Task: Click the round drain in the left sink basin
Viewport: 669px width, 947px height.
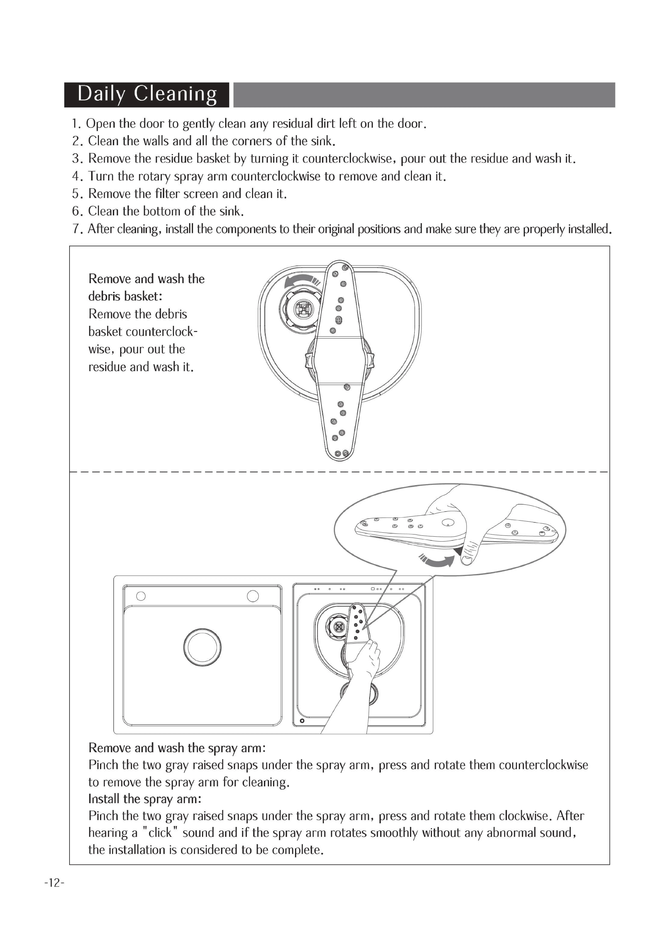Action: pyautogui.click(x=202, y=647)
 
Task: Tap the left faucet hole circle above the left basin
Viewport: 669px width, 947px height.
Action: pyautogui.click(x=141, y=596)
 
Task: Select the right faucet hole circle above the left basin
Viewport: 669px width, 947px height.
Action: pyautogui.click(x=253, y=596)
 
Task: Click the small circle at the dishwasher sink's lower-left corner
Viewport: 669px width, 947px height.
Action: pyautogui.click(x=302, y=721)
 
